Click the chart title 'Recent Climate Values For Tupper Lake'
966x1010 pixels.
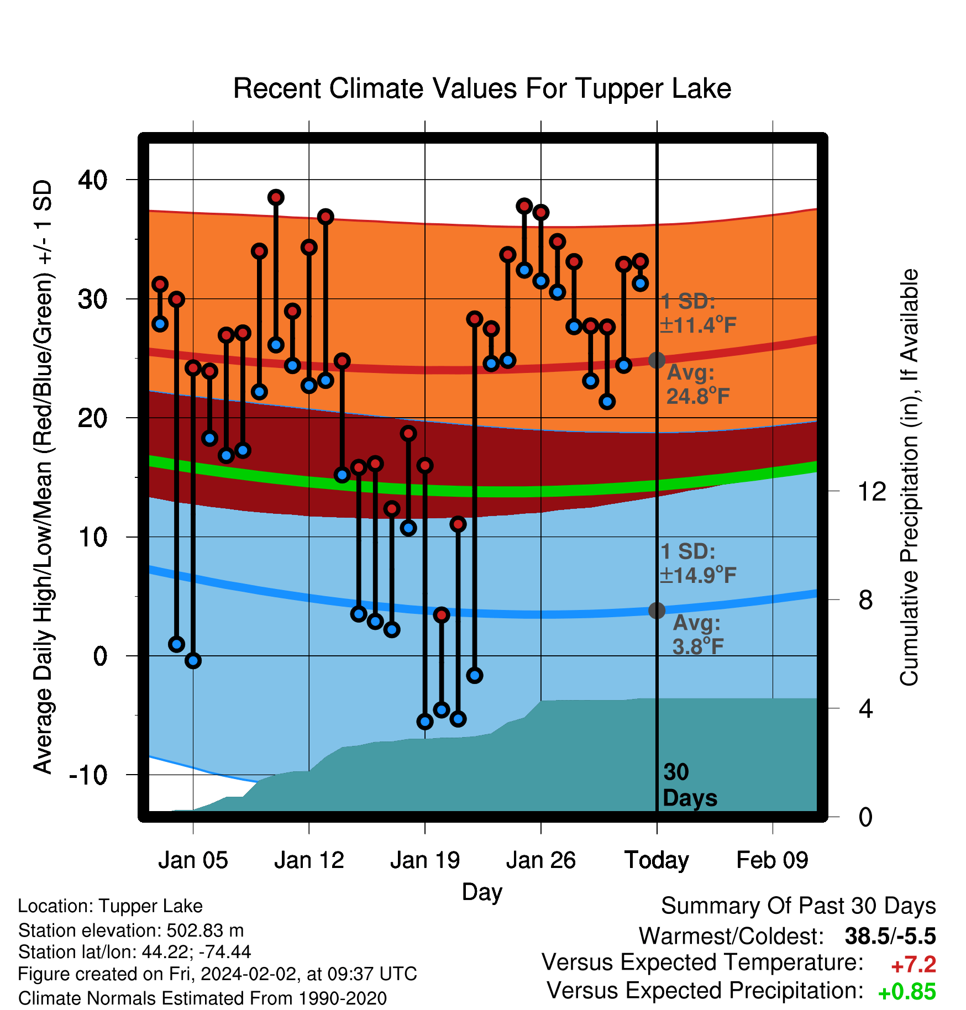pyautogui.click(x=482, y=89)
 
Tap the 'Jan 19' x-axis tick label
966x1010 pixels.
pyautogui.click(x=424, y=860)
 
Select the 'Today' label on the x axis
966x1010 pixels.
pyautogui.click(x=657, y=860)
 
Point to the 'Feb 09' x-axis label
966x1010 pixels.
pyautogui.click(x=772, y=860)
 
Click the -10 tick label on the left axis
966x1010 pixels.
pyautogui.click(x=88, y=775)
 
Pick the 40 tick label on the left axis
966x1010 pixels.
pyautogui.click(x=93, y=180)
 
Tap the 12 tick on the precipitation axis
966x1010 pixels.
pyautogui.click(x=872, y=491)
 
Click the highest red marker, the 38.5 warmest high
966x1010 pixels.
pyautogui.click(x=276, y=197)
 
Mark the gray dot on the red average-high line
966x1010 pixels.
pyautogui.click(x=657, y=360)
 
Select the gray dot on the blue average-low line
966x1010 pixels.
pyautogui.click(x=657, y=611)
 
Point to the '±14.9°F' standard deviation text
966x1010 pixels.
pyautogui.click(x=698, y=575)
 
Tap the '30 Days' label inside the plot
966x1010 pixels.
pyautogui.click(x=690, y=785)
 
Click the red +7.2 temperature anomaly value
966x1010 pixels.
pyautogui.click(x=914, y=965)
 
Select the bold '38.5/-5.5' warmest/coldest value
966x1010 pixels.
pyautogui.click(x=890, y=936)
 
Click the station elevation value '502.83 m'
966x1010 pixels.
pyautogui.click(x=205, y=930)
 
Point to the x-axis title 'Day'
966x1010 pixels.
pyautogui.click(x=482, y=892)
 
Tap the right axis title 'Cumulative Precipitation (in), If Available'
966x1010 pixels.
pyautogui.click(x=909, y=477)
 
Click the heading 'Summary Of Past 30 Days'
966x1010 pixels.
pyautogui.click(x=799, y=906)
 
